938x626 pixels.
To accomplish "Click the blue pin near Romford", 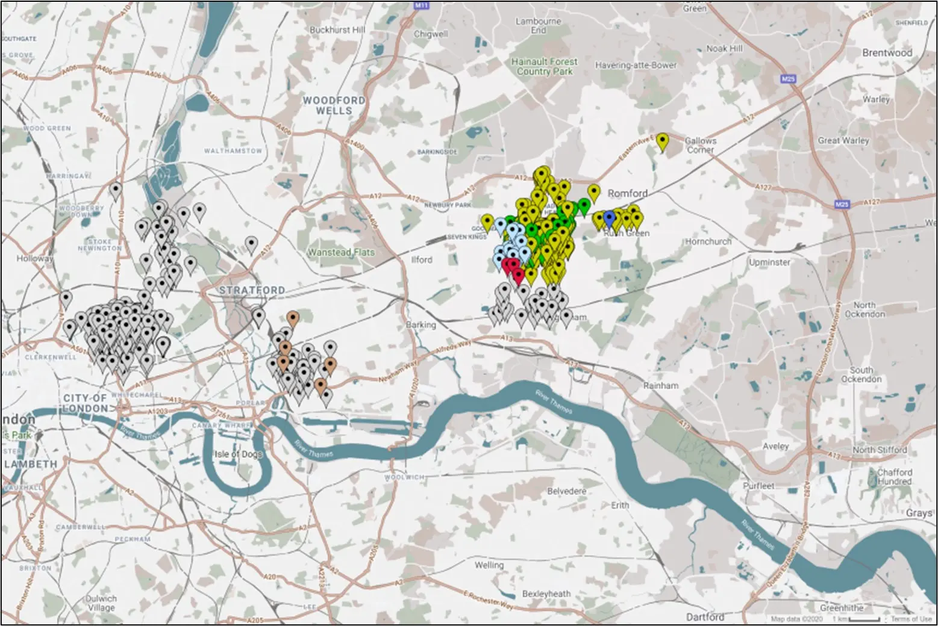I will pos(609,217).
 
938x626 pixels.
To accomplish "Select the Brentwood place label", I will pos(887,52).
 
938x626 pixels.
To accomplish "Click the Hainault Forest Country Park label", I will pos(544,66).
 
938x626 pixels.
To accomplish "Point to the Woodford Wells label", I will pos(334,105).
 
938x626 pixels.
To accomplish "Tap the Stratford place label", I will pos(252,290).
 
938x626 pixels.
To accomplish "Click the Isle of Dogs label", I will pos(239,453).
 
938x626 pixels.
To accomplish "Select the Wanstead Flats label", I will pos(341,252).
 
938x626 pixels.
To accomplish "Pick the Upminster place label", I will pos(769,262).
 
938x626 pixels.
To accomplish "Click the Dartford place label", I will pos(705,617).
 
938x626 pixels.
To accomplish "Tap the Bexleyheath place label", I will pos(546,593).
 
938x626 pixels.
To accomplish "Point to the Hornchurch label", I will pos(708,241).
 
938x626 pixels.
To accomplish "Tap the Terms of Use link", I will pos(911,619).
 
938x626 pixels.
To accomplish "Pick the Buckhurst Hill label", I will pos(337,29).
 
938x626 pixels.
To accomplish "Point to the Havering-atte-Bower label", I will pos(636,65).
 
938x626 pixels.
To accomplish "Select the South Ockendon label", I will pos(861,374).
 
